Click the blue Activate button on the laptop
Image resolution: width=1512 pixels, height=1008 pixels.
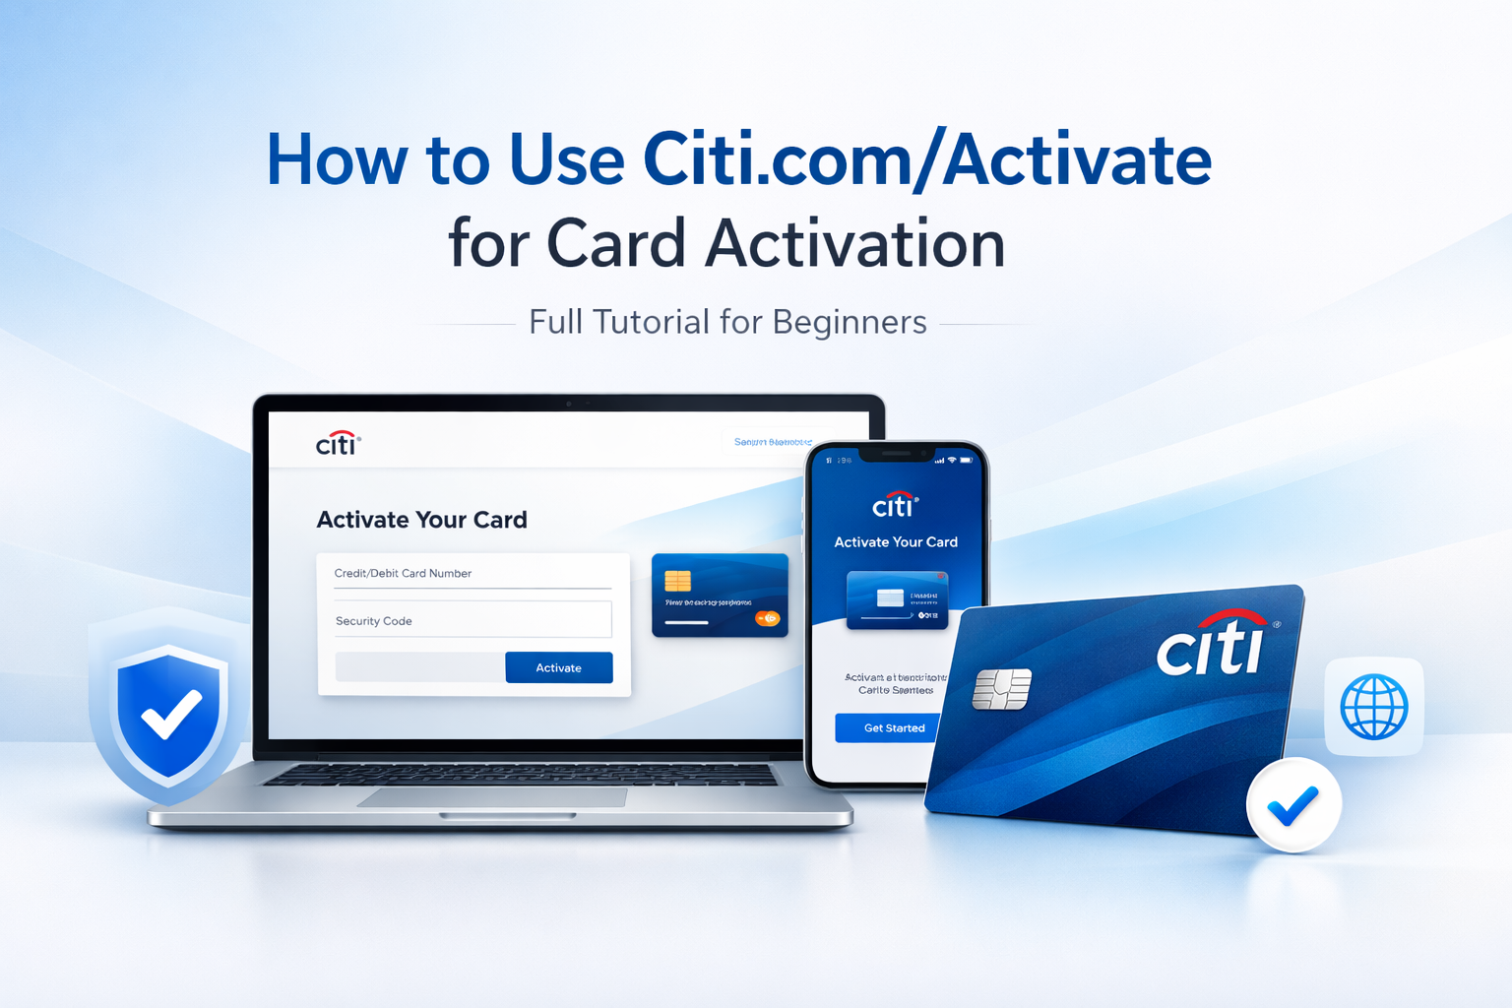[558, 667]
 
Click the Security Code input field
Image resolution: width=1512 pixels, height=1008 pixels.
[472, 620]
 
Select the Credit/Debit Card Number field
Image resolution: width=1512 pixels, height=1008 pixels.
[472, 574]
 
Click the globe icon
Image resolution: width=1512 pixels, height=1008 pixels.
[1373, 707]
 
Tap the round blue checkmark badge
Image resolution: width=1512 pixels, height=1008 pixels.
[1293, 805]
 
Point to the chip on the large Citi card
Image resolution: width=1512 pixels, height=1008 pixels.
[1001, 689]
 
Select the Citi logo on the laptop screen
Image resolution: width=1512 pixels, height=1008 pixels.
[338, 444]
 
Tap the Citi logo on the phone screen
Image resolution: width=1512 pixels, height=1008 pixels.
[894, 505]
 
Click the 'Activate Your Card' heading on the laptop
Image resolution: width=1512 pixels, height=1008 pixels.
[421, 520]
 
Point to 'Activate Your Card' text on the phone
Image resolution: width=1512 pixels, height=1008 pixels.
[896, 542]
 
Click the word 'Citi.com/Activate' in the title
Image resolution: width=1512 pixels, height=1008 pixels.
[926, 159]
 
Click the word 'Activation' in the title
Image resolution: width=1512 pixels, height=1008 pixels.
[855, 244]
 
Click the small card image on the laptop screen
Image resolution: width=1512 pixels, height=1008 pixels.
[720, 595]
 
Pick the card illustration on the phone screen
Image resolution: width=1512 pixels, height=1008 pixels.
[897, 598]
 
